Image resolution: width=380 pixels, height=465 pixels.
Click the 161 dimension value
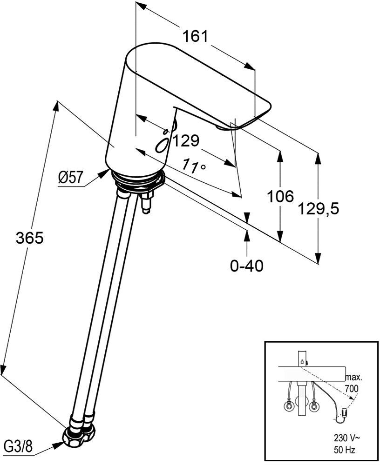(x=196, y=36)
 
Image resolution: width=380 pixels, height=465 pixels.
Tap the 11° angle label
(x=194, y=166)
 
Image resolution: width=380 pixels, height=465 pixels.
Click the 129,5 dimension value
(x=318, y=209)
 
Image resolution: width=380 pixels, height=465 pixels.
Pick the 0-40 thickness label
(x=247, y=266)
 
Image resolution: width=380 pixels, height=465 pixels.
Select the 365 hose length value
(x=30, y=238)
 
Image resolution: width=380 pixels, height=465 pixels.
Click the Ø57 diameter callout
(x=70, y=178)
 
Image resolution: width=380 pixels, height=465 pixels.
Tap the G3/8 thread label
(x=18, y=446)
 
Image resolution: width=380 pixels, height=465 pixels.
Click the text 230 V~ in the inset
(x=345, y=446)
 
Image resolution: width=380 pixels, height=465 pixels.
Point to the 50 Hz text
(x=345, y=458)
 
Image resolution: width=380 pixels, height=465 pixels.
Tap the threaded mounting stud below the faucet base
(x=147, y=201)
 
